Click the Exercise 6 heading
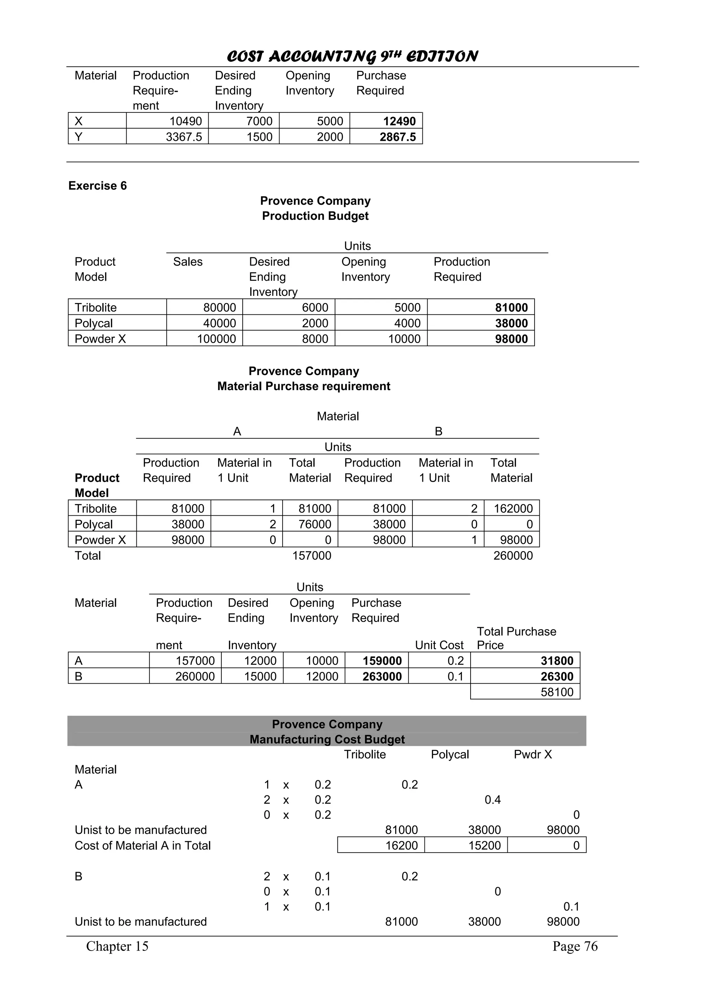click(x=97, y=186)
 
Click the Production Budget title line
click(x=315, y=216)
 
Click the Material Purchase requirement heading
click(x=304, y=386)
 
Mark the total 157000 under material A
click(x=312, y=555)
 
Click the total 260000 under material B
click(x=513, y=555)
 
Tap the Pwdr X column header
click(x=533, y=754)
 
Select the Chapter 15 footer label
click(x=117, y=946)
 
